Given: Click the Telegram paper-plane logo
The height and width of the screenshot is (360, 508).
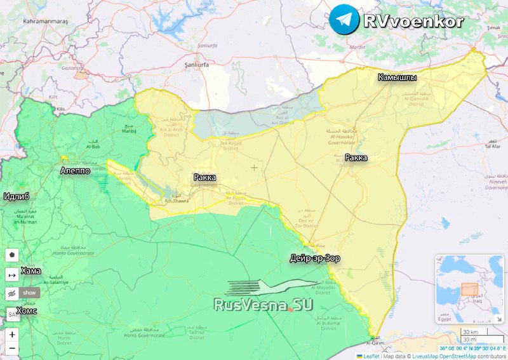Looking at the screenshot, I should [x=344, y=19].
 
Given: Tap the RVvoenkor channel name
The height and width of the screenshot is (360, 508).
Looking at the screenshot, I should [x=413, y=20].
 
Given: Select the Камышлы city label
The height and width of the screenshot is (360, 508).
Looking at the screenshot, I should [x=398, y=77].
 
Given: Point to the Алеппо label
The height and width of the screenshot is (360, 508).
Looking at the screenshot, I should [x=74, y=171].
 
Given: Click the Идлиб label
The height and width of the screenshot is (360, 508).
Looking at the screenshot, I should [x=17, y=196].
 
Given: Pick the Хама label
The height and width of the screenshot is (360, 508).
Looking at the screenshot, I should [x=30, y=271].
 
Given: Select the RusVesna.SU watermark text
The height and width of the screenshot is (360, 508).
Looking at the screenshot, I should [x=264, y=305].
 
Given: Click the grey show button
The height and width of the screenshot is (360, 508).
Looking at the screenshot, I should [x=30, y=293].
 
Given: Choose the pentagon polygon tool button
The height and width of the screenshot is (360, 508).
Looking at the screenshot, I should [x=11, y=255].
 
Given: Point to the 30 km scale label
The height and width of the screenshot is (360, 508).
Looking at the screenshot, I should [x=470, y=332].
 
